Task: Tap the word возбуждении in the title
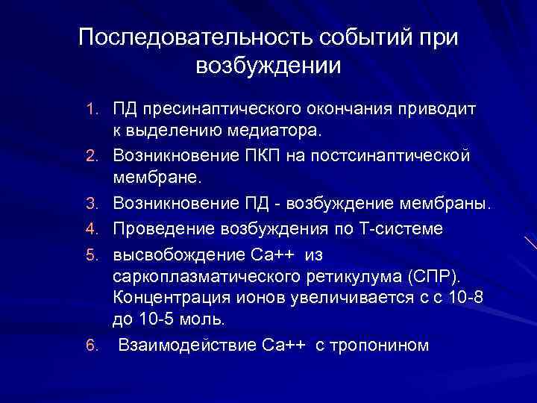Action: tap(268, 66)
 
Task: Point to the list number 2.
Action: tap(93, 157)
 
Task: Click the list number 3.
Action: tap(93, 204)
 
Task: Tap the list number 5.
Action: tap(93, 254)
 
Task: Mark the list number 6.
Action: tap(93, 346)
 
